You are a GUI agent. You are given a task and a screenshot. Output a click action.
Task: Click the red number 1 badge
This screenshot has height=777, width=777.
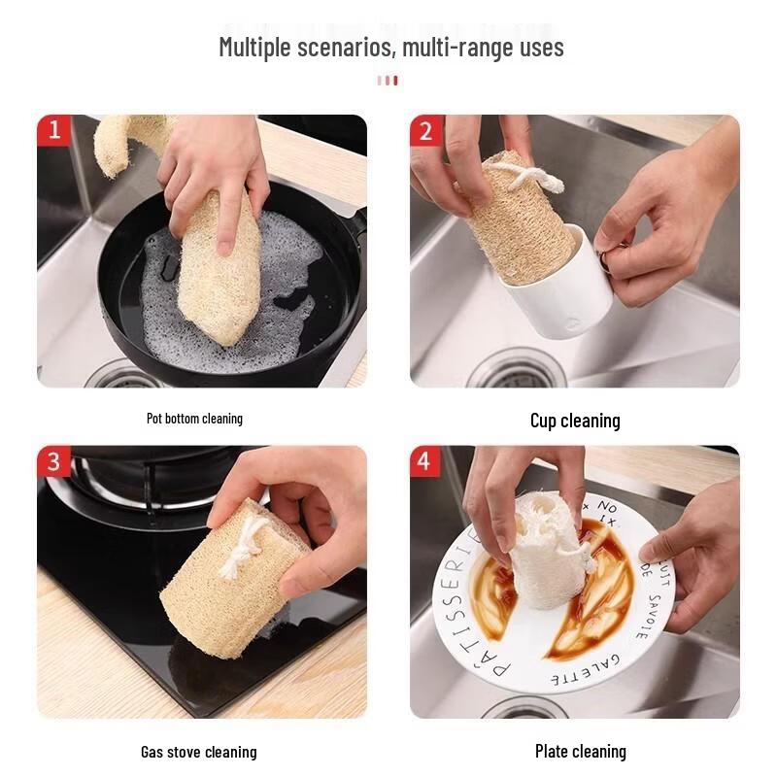point(53,130)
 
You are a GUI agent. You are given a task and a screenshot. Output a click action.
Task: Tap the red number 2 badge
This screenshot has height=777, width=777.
point(425,130)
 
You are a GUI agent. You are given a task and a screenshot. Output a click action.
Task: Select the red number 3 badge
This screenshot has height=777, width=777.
point(53,461)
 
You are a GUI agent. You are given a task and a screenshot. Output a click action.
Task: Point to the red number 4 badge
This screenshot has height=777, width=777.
point(425,461)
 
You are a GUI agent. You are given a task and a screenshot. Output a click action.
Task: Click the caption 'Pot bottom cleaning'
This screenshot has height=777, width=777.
point(194,419)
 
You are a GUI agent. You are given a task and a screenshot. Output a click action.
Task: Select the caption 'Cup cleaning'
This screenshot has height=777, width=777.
point(575,421)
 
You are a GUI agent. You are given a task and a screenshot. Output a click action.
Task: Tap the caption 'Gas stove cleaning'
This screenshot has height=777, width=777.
point(198,752)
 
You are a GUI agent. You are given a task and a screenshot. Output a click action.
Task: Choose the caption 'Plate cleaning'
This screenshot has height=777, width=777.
point(580,751)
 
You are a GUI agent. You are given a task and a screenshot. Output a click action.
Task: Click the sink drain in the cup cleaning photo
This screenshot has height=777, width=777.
point(515,371)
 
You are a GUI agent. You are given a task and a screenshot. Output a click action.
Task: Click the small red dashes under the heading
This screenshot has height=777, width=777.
point(388,81)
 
